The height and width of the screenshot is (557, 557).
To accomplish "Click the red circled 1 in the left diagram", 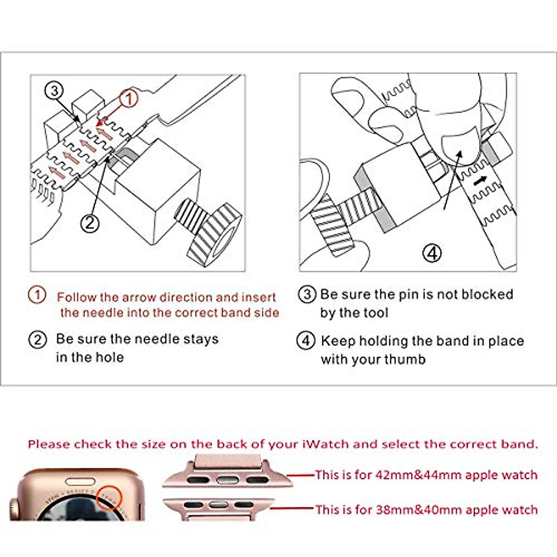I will (x=129, y=98).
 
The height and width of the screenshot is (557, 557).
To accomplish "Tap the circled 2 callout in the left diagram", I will (x=90, y=223).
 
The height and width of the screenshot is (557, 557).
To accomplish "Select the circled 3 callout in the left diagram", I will (x=54, y=91).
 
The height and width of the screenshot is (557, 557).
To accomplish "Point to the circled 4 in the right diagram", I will (x=432, y=253).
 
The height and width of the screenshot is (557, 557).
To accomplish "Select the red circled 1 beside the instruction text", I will (x=37, y=295).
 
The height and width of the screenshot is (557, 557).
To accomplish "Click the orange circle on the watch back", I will (x=110, y=498).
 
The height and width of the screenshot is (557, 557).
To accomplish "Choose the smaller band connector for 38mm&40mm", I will (x=218, y=505).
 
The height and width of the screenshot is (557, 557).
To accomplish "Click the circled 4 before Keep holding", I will (x=305, y=341).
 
